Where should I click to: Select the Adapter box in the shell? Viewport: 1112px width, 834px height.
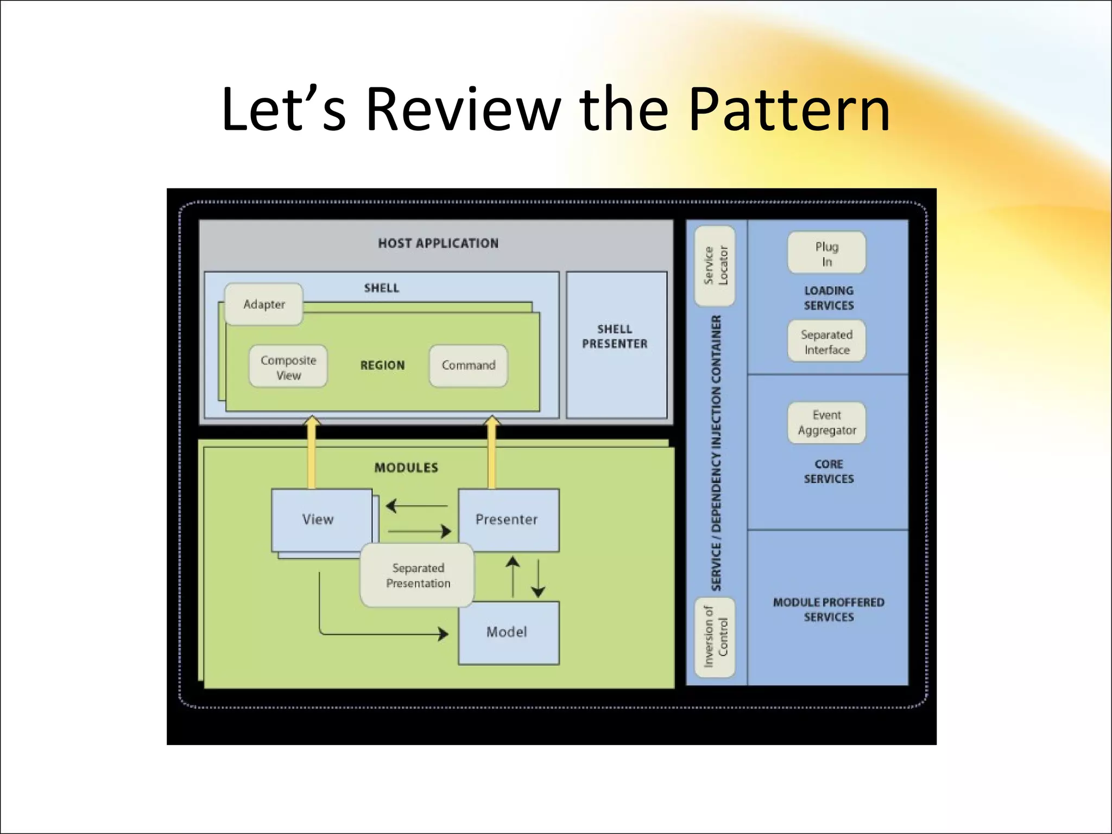click(264, 305)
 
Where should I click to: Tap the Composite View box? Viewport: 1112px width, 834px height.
click(288, 368)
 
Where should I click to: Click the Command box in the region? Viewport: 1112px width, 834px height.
click(468, 365)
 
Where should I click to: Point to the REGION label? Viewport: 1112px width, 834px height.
click(382, 365)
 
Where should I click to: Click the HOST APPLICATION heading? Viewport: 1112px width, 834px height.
click(438, 243)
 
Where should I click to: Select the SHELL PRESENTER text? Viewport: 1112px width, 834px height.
click(615, 337)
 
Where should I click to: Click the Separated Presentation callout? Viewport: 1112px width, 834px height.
click(418, 576)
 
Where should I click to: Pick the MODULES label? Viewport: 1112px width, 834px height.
click(406, 467)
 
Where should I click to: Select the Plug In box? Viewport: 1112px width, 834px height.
click(826, 254)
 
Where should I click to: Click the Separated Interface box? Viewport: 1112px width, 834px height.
click(826, 342)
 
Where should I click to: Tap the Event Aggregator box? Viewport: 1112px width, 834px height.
click(826, 422)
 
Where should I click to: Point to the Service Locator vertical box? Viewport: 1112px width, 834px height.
click(715, 266)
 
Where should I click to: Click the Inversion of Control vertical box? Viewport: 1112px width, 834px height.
click(715, 637)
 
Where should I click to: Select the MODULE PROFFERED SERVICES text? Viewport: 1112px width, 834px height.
click(829, 609)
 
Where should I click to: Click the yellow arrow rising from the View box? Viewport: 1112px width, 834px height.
click(312, 453)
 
